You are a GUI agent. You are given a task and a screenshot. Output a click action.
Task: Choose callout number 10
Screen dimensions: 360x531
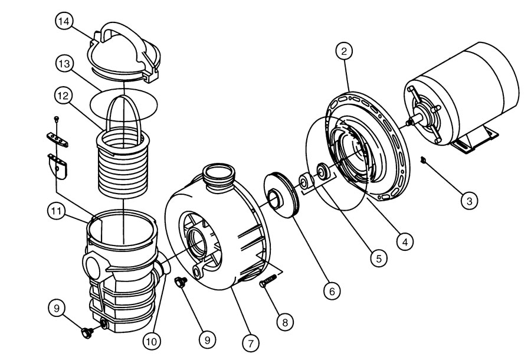[x=153, y=341]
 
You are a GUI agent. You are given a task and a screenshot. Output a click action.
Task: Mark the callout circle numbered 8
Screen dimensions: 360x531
[x=286, y=322]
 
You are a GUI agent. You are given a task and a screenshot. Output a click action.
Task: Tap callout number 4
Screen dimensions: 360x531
[x=403, y=240]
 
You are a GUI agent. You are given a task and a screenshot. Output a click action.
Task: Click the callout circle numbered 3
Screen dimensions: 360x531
[x=469, y=201]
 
